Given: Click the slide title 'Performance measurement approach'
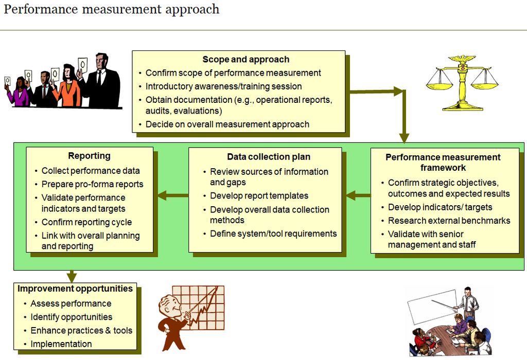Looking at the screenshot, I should click(x=112, y=10).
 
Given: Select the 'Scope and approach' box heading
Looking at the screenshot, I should click(x=245, y=60).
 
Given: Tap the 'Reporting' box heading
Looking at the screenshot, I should click(x=89, y=156).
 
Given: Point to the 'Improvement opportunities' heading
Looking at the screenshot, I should click(x=75, y=289).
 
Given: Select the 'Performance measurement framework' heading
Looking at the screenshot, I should click(x=443, y=163).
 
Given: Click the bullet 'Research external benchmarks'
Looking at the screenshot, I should click(x=449, y=221).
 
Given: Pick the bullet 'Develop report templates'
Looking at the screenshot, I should click(x=259, y=196).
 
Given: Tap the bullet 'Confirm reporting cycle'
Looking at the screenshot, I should click(x=86, y=223).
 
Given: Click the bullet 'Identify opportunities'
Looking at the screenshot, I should click(x=71, y=317).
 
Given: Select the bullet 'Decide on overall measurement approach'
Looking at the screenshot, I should click(x=227, y=124).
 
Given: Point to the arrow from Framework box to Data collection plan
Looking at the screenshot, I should click(x=358, y=195).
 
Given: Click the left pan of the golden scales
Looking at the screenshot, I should click(x=439, y=82).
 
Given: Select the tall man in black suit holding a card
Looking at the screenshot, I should click(x=102, y=82).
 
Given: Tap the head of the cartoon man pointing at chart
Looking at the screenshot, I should click(x=169, y=306).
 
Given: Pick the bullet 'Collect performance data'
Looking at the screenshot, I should click(x=90, y=171).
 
